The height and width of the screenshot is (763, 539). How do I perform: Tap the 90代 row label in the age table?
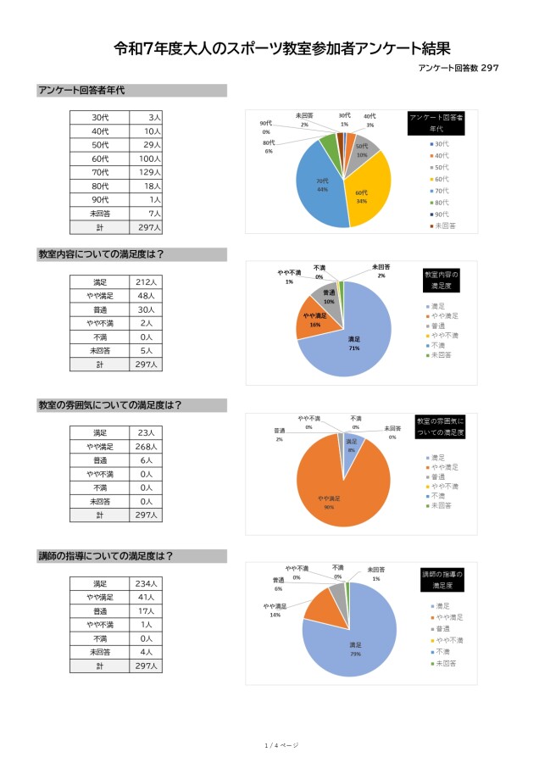pyautogui.click(x=100, y=199)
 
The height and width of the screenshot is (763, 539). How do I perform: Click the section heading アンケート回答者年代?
pyautogui.click(x=81, y=91)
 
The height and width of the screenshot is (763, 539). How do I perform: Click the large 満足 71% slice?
pyautogui.click(x=352, y=335)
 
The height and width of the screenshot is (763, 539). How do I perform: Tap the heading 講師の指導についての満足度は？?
pyautogui.click(x=106, y=556)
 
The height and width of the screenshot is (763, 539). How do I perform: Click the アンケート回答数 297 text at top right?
pyautogui.click(x=457, y=69)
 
